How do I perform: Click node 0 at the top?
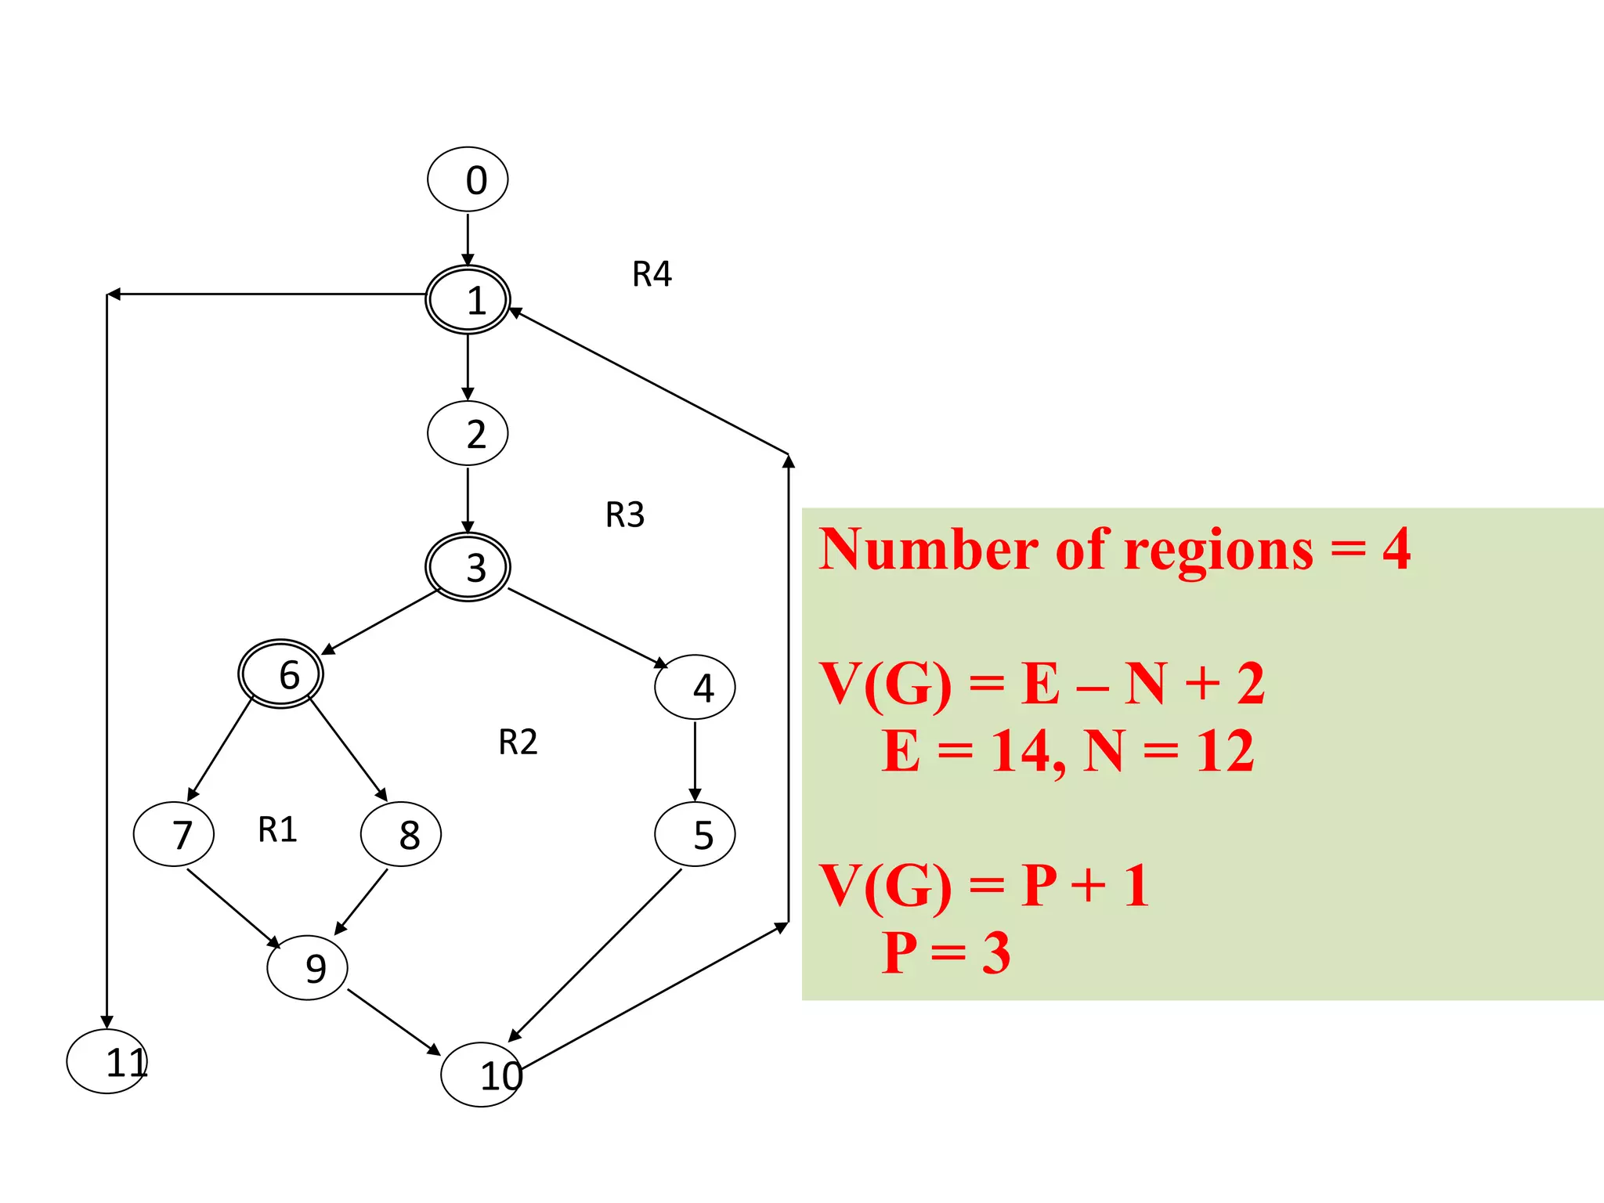point(468,179)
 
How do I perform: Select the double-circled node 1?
point(468,300)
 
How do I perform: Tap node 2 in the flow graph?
point(468,433)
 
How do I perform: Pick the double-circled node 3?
point(468,567)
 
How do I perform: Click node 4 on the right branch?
point(695,688)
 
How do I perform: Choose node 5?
point(695,834)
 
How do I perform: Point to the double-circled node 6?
point(280,674)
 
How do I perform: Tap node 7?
point(174,834)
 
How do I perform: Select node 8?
point(401,834)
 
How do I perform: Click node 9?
point(307,968)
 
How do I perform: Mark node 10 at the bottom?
point(482,1075)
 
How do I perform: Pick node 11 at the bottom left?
point(107,1061)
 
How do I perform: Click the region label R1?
point(277,829)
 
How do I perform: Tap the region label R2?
point(518,742)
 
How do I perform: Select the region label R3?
point(625,515)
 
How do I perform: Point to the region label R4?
point(652,274)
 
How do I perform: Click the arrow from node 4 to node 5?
point(695,760)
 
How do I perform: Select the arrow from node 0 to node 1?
point(468,239)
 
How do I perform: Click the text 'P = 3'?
point(946,953)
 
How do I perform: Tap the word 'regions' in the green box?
point(1219,551)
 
